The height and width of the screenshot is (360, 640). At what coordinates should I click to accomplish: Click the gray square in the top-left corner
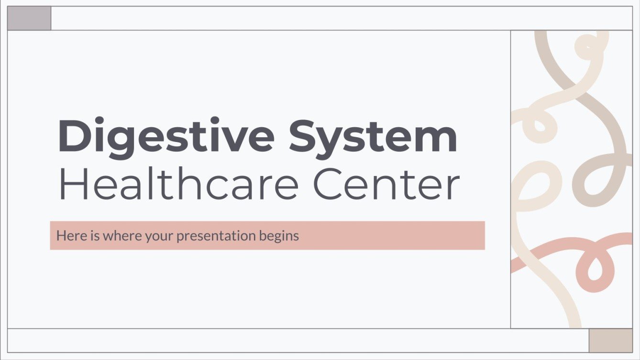tap(29, 19)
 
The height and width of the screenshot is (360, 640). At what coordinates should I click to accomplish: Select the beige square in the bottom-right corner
tap(610, 340)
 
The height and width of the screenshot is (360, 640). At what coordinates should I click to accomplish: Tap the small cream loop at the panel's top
tap(585, 47)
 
